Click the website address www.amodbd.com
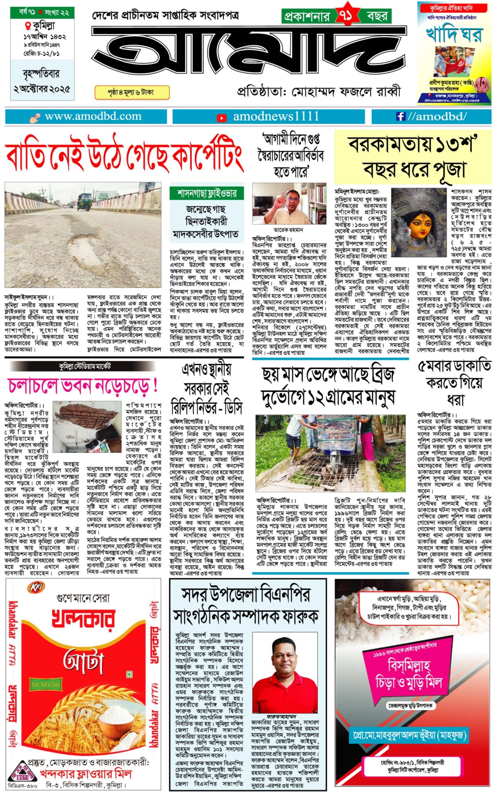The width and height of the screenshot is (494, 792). [93, 117]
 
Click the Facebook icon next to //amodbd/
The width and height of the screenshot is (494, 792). [399, 117]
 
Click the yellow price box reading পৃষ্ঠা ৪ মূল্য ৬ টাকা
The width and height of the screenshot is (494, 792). [132, 93]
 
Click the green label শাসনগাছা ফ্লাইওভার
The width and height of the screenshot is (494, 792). [206, 193]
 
